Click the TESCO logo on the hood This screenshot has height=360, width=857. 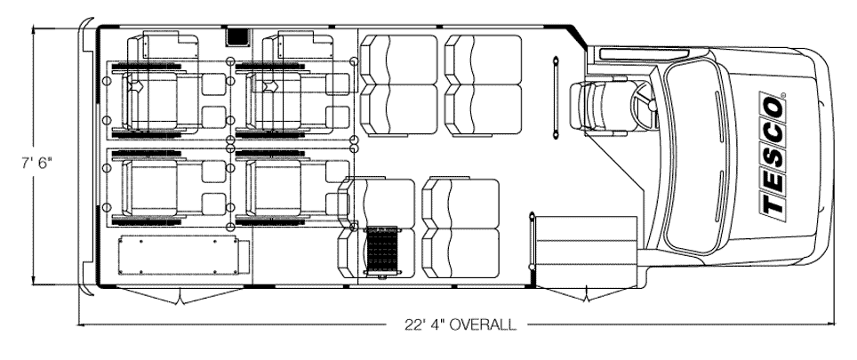point(773,154)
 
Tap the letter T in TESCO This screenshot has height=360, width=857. point(772,204)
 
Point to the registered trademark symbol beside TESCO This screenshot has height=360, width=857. point(783,96)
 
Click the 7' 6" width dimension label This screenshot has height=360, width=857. point(37,164)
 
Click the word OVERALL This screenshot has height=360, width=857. point(482,324)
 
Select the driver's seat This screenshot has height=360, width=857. point(596,107)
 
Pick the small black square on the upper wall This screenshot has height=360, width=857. point(237,37)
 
